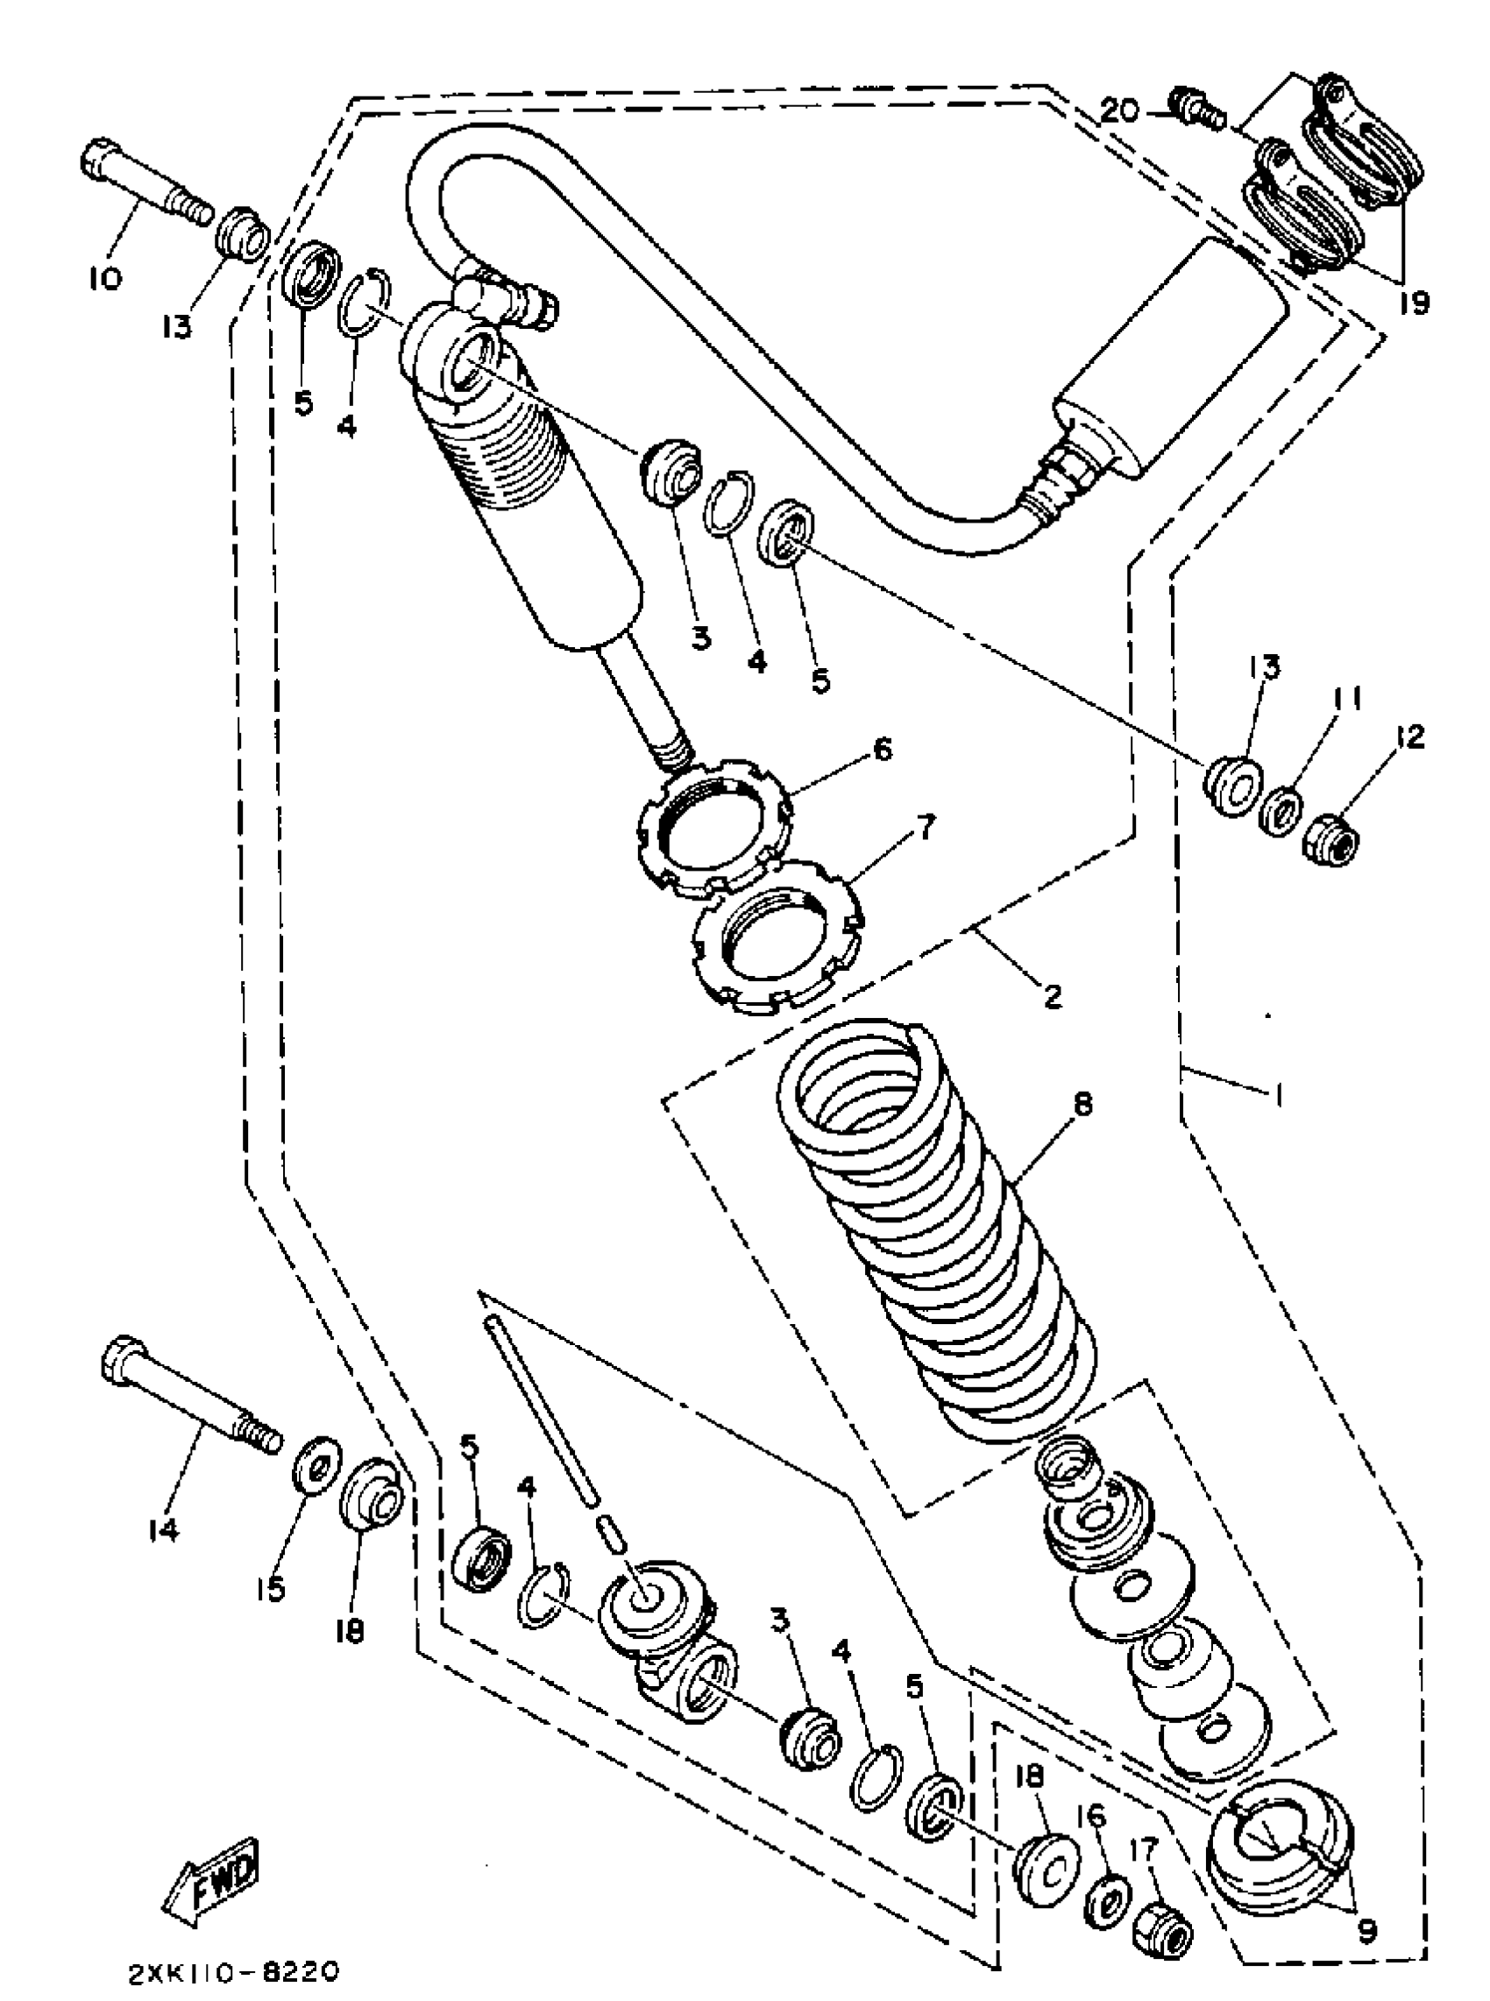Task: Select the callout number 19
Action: click(1414, 303)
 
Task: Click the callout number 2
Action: click(1052, 995)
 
